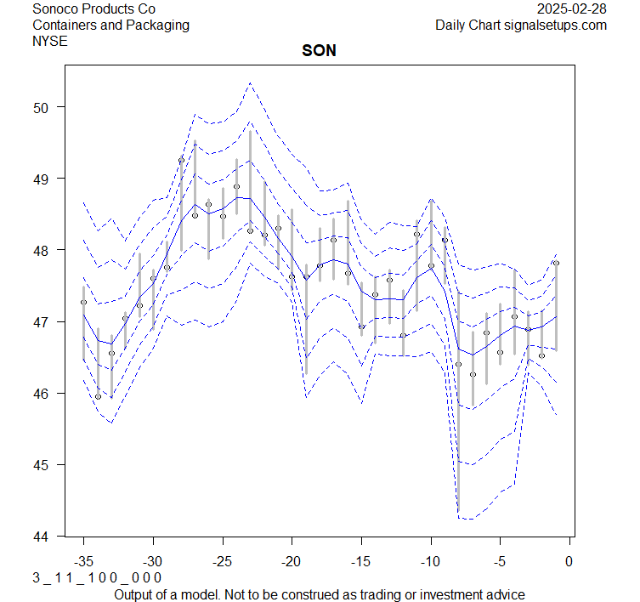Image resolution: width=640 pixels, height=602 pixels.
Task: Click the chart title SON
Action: pos(319,51)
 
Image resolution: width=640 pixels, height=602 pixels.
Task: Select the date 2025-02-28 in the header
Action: pos(573,9)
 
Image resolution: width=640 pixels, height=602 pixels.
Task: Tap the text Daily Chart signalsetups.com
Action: pos(521,25)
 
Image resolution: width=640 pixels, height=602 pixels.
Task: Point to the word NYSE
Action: pos(50,41)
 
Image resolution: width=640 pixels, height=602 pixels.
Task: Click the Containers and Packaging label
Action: pos(110,25)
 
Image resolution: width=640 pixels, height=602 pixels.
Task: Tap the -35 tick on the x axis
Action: pos(83,561)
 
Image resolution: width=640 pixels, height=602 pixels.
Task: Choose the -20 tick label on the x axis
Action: pos(292,561)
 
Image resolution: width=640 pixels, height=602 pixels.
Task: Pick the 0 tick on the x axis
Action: pos(569,561)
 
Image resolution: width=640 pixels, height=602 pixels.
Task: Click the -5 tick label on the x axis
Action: pos(500,561)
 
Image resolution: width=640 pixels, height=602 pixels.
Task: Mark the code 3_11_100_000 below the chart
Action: pos(97,578)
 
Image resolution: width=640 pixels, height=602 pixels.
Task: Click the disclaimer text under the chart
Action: pos(319,594)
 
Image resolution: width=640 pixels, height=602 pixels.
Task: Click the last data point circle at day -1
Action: pos(556,264)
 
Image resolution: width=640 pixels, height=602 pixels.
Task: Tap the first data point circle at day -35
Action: pos(83,302)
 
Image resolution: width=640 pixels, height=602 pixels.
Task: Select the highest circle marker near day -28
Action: pos(181,160)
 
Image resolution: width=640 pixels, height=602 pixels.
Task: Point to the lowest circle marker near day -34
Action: pos(98,396)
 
